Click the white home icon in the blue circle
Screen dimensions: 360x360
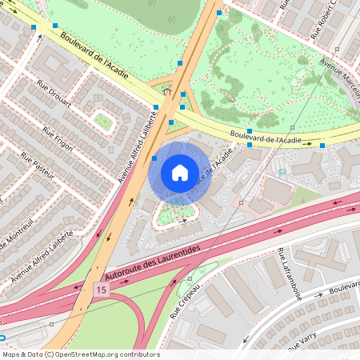(180, 173)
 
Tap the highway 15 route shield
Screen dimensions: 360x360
(100, 288)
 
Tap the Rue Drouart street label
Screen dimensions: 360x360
(54, 92)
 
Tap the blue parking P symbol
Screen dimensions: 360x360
(282, 172)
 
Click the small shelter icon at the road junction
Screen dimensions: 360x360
(167, 91)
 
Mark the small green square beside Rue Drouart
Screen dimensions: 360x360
(103, 121)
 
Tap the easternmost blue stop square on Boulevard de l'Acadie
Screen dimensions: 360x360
(322, 145)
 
